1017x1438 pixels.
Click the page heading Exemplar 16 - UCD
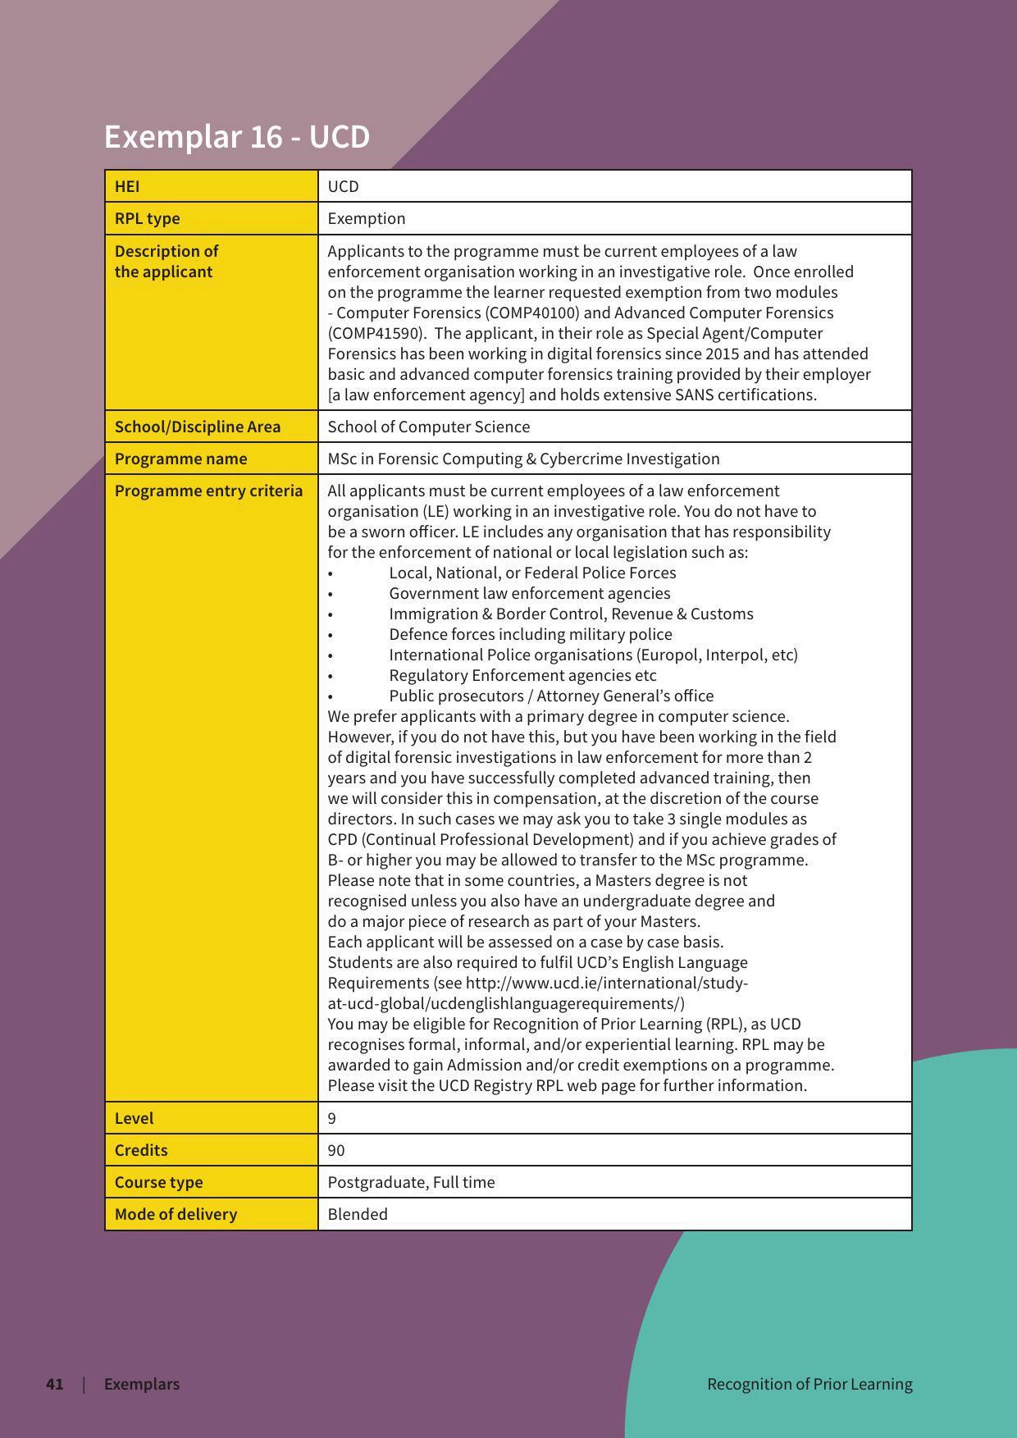pos(237,136)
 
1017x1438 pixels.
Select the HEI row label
pos(127,186)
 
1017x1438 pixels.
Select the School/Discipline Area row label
pos(198,427)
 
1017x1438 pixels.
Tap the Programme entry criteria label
pos(208,491)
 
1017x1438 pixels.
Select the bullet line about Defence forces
pos(531,634)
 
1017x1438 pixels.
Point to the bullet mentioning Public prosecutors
pos(551,696)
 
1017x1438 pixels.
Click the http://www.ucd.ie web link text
pos(607,983)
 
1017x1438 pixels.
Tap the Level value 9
pos(331,1118)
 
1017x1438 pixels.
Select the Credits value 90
pos(336,1150)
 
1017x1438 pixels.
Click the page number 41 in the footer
pos(55,1384)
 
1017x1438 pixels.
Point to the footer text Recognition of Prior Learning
pos(809,1384)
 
